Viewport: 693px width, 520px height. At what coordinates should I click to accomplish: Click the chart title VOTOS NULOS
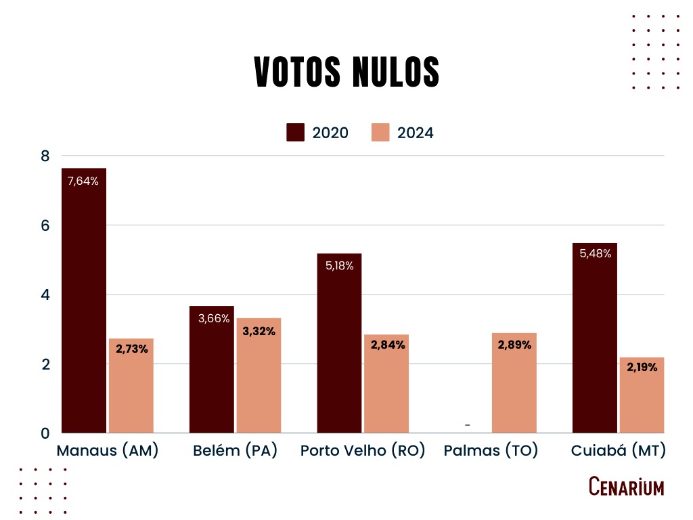pos(346,72)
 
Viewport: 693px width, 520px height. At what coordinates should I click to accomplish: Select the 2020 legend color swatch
pos(296,132)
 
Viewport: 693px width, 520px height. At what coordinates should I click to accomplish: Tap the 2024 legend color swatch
pos(382,132)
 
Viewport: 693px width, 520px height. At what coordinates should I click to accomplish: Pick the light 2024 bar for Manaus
pos(131,386)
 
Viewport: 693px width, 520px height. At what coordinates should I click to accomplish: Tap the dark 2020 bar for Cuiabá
pos(595,339)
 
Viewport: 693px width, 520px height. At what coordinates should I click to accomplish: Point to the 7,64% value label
pos(83,181)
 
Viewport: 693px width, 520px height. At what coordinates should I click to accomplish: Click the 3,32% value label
pos(259,331)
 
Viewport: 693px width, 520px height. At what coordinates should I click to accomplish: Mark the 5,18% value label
pos(339,266)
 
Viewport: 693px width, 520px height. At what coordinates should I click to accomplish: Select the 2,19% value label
pos(642,370)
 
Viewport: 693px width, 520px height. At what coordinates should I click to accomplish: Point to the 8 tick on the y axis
pos(46,156)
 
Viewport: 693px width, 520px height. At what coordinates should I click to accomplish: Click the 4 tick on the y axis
pos(46,295)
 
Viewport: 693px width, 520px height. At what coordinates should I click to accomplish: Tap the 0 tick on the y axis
pos(46,433)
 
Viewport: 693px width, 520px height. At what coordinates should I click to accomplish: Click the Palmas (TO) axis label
pos(491,451)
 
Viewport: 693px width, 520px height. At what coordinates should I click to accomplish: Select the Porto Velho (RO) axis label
pos(363,451)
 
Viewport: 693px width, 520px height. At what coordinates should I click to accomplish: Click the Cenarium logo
pos(626,486)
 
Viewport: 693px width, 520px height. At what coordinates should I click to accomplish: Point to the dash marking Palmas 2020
pos(468,426)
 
